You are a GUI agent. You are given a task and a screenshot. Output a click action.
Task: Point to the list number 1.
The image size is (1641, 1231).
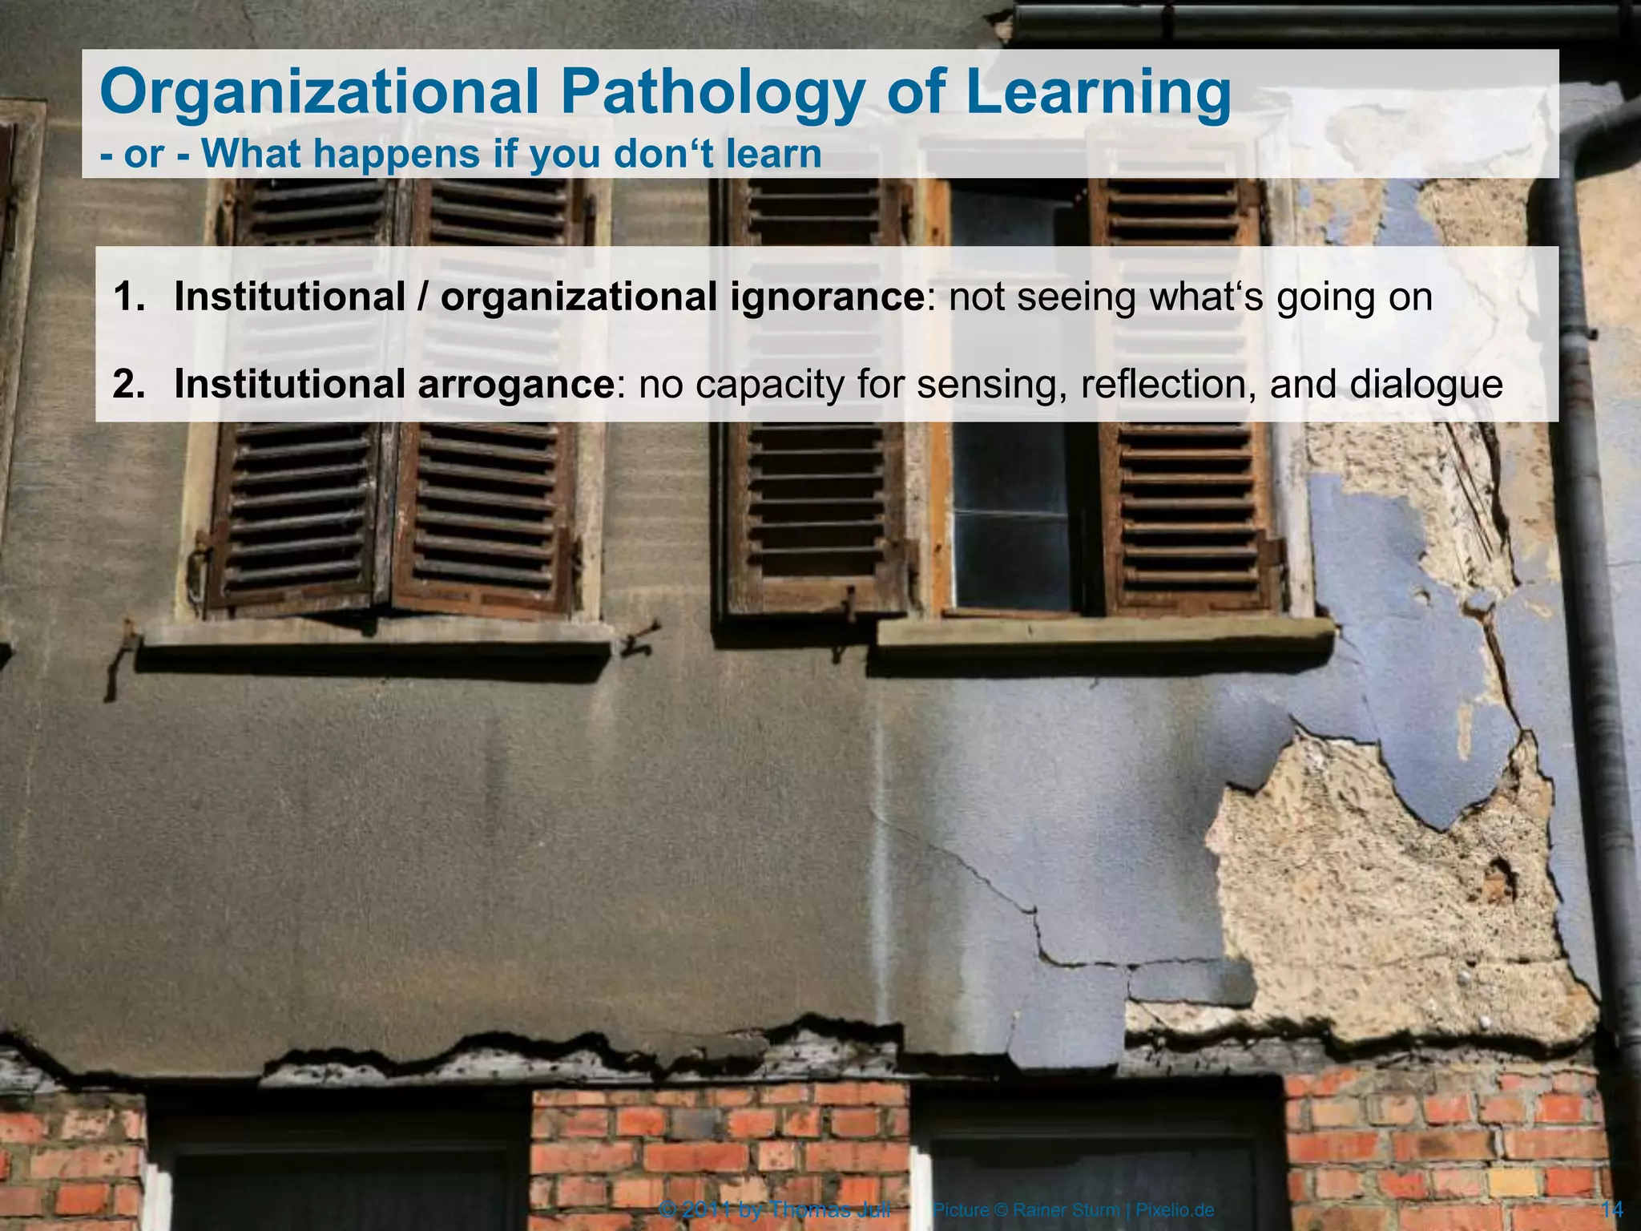click(129, 297)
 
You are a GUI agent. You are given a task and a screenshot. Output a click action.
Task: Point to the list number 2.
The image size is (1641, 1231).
click(129, 385)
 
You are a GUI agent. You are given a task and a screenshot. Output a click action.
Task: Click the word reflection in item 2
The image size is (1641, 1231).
click(1162, 385)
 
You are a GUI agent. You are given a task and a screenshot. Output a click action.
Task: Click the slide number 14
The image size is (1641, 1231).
click(1611, 1209)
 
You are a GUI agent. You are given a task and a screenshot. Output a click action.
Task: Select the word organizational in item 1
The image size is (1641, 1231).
click(579, 297)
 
